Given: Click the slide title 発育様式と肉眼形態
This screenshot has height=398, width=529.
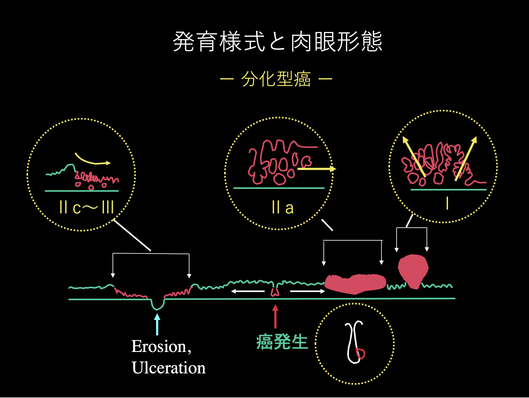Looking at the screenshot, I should coord(277,42).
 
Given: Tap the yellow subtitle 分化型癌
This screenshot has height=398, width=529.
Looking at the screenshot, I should coord(276,79).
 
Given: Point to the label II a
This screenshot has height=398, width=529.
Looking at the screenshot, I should coord(282,208).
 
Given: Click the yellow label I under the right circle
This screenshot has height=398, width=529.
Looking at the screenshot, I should coord(447,203).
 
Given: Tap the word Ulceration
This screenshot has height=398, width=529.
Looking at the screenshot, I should coord(169,368).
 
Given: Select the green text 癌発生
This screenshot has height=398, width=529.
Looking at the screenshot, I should coord(282,342).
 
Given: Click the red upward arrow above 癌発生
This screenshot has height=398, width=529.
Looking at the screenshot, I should coord(275,316).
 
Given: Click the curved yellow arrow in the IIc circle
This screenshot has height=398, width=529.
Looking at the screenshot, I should coord(91,160).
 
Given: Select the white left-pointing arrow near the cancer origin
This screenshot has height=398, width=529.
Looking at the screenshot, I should coord(248,291).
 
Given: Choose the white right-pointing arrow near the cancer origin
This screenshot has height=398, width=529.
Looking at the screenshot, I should coord(307,291).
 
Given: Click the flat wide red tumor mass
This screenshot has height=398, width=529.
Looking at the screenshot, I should coord(355,284).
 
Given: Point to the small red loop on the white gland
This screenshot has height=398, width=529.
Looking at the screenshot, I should coord(360,353).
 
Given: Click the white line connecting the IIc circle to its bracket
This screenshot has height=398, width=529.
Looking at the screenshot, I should coord(132,235).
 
